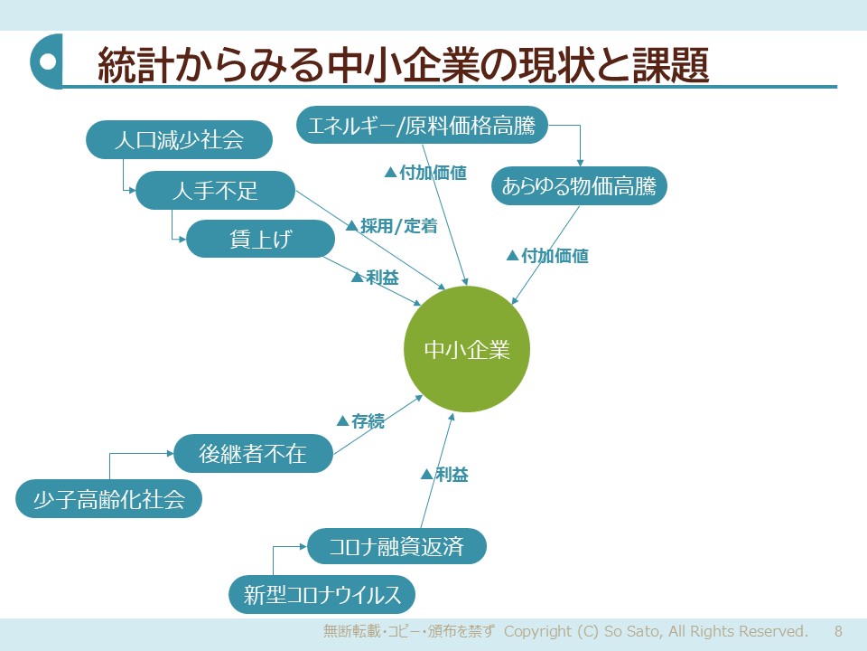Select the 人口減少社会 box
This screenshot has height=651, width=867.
click(179, 140)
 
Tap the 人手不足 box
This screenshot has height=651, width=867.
click(215, 191)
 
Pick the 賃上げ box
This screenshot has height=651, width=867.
click(260, 240)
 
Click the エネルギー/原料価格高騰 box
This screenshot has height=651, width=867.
click(422, 126)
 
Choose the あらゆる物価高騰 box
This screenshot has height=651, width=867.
click(579, 187)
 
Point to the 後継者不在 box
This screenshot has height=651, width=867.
click(253, 454)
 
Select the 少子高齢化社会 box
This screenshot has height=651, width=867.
click(108, 500)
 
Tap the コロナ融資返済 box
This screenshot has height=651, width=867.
click(396, 546)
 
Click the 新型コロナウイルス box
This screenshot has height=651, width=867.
click(322, 595)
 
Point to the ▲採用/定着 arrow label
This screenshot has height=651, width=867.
click(391, 226)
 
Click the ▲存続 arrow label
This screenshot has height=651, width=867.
click(360, 420)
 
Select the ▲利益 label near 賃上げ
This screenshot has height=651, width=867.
click(375, 278)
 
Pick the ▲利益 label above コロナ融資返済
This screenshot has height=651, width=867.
click(445, 474)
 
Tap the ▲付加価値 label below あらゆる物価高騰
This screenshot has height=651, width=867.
click(547, 256)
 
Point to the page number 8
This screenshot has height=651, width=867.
click(838, 631)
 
